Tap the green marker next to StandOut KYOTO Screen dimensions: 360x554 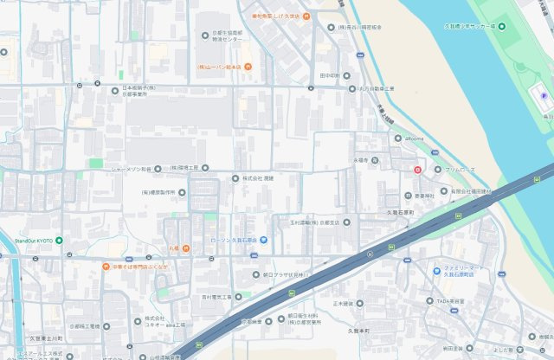[x=59, y=240]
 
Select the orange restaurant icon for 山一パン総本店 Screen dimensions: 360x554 [x=246, y=66]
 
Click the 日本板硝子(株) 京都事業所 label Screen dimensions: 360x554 [x=138, y=91]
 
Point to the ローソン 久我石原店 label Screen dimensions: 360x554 [x=234, y=240]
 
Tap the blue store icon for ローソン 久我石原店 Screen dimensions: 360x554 [x=264, y=240]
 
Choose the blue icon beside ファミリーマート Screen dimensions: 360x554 [x=437, y=271]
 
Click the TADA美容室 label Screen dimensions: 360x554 [x=451, y=301]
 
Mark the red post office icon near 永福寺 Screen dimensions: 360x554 [x=417, y=170]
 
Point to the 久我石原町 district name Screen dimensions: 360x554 [x=401, y=212]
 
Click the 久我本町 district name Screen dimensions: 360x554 [x=358, y=331]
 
